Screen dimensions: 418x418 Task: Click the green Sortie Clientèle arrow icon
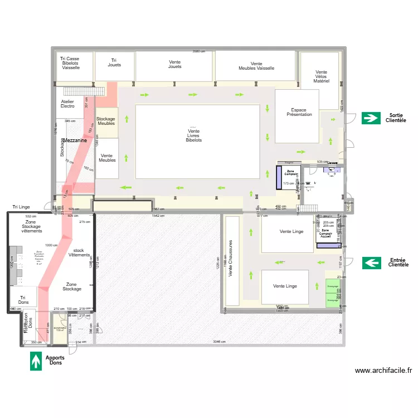370,118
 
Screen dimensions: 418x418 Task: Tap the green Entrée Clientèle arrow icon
371,263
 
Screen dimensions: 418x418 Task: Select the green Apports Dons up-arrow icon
36,360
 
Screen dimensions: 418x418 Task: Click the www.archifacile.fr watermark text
383,370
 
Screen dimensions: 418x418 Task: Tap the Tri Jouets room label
114,62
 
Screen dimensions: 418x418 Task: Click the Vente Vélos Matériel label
321,76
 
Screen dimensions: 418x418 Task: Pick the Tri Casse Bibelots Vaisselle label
71,62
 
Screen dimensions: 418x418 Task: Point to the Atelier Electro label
67,104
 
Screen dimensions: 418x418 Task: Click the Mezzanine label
75,141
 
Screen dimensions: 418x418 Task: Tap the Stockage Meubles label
106,121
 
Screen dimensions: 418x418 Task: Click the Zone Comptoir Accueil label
325,233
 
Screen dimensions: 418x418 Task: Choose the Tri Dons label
23,300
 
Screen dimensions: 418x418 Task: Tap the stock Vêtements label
78,252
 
